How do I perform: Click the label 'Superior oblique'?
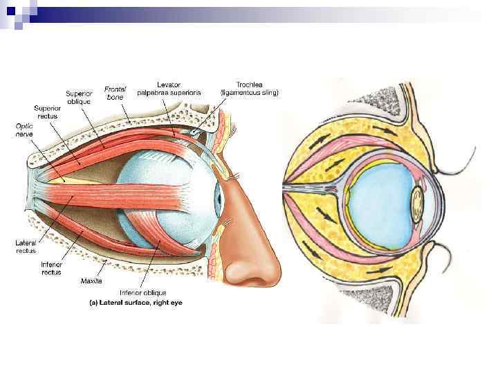pos(79,97)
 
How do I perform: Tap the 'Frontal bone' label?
pos(115,93)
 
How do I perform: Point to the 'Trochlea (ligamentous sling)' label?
pos(249,88)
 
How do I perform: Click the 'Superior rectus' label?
pos(48,112)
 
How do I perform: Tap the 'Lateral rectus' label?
pos(26,247)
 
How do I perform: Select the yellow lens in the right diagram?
pos(418,202)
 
